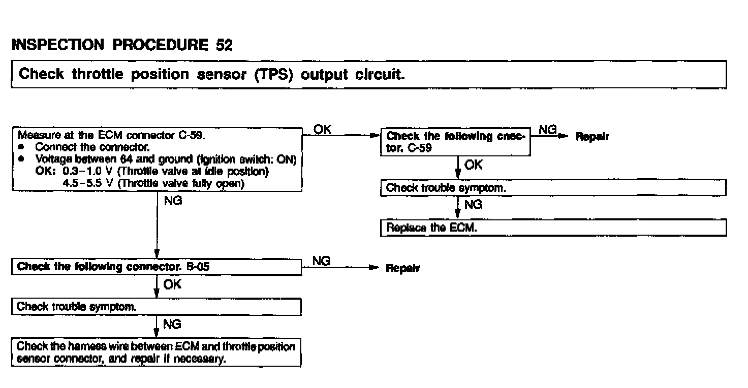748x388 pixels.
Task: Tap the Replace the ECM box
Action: pos(553,228)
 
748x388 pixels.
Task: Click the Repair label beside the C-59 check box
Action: pos(592,137)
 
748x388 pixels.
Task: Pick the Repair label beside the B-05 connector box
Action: pos(403,269)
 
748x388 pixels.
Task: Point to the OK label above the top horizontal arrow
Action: pos(323,130)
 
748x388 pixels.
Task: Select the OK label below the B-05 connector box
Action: pos(172,285)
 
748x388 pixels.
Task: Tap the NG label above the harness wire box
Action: pos(172,324)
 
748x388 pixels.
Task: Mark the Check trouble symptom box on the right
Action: pos(553,188)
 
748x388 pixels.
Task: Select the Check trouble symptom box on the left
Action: pos(156,307)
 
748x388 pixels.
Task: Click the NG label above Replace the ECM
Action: pos(474,205)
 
